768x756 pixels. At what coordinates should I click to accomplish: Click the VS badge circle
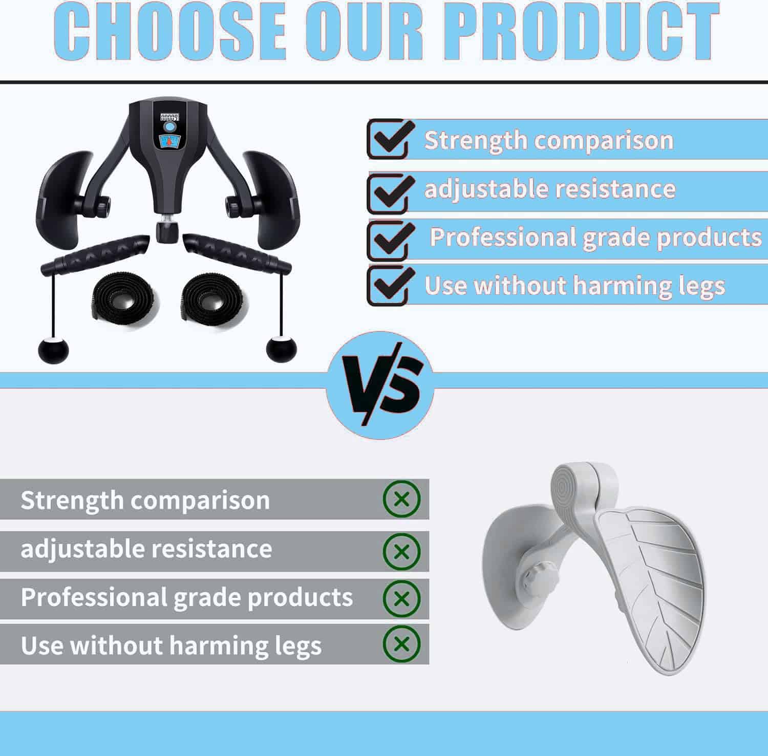click(x=379, y=385)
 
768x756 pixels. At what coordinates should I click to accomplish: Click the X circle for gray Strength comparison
click(x=402, y=499)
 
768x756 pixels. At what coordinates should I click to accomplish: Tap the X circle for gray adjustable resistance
click(x=402, y=551)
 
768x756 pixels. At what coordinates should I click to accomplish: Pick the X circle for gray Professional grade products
click(x=402, y=598)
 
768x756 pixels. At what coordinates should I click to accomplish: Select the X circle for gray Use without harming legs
click(x=402, y=643)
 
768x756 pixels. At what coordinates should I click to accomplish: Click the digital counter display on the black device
click(x=169, y=117)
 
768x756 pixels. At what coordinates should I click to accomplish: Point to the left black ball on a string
click(x=53, y=349)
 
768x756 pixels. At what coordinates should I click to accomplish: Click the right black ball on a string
click(x=281, y=348)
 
